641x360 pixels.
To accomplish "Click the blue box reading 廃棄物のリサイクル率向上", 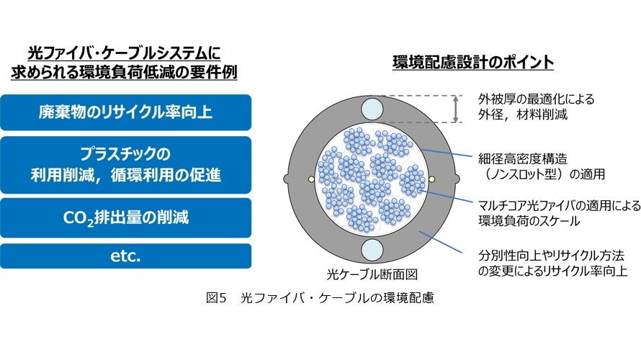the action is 125,112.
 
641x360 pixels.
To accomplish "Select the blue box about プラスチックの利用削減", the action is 125,165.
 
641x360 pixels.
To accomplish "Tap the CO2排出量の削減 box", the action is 125,217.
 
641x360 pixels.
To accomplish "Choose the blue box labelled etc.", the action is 125,256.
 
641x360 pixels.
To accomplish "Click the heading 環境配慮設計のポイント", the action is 473,62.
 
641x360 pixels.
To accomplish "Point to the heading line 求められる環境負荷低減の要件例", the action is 124,72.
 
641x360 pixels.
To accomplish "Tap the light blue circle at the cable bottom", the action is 372,250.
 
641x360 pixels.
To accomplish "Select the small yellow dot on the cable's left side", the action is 312,179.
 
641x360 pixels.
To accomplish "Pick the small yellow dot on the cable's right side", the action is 431,179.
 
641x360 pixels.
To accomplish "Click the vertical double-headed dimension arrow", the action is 455,109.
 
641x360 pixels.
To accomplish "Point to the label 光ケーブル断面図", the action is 372,274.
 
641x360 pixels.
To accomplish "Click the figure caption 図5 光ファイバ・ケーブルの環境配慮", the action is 320,297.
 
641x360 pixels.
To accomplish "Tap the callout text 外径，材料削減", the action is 523,114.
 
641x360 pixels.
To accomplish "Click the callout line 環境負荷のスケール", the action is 529,221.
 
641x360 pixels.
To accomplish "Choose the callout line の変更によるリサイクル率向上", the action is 552,271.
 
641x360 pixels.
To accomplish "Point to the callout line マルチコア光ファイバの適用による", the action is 559,205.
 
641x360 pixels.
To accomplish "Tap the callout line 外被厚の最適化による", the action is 536,99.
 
